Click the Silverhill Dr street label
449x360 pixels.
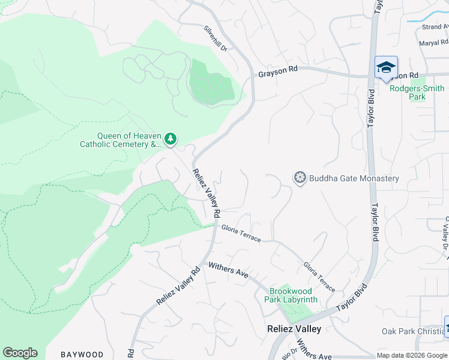(x=215, y=39)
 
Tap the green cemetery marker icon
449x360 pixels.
(x=171, y=139)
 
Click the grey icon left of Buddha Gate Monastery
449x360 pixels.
(x=300, y=178)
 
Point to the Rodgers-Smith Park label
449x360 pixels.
(x=417, y=92)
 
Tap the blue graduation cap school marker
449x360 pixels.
(x=386, y=67)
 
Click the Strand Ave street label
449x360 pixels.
(x=435, y=27)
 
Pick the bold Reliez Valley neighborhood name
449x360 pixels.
(x=294, y=329)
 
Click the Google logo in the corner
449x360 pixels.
(x=20, y=353)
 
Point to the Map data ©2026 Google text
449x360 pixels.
(x=412, y=355)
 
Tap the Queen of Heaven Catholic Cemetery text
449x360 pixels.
(x=121, y=140)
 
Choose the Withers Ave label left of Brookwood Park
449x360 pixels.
(x=228, y=269)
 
